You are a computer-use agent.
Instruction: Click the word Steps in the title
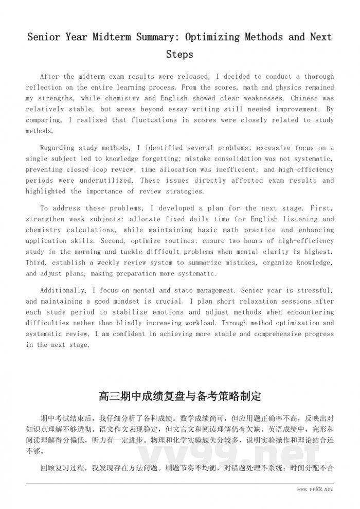(179, 54)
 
